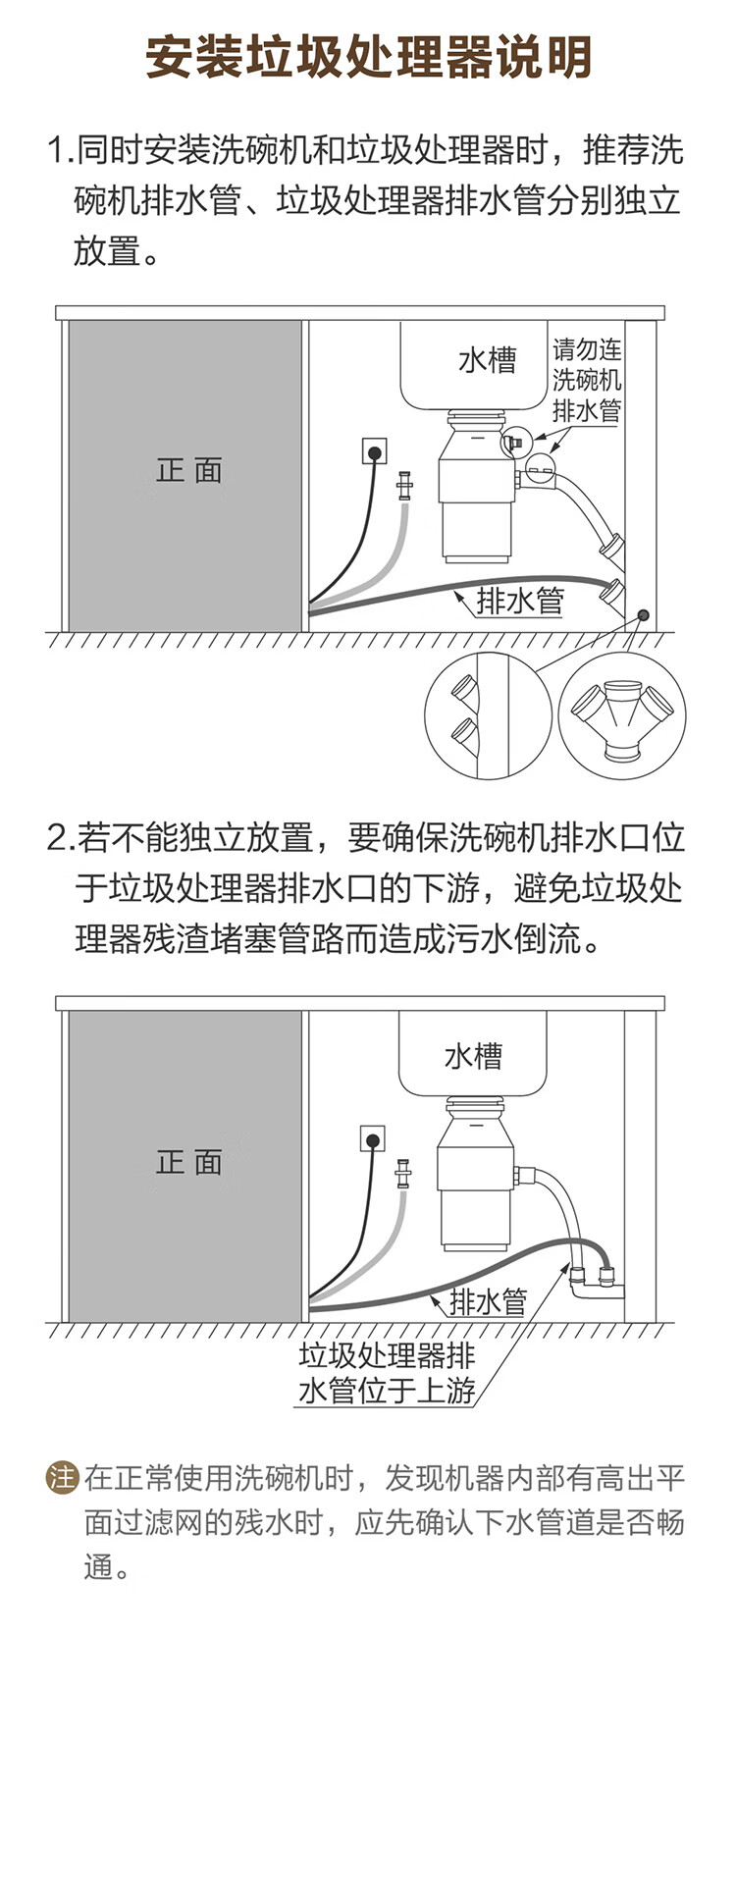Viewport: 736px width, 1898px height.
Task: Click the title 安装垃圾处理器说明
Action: pos(368,57)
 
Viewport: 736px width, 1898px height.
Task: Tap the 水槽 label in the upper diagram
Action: pos(487,360)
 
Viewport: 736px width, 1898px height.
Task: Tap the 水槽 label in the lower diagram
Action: pos(473,1056)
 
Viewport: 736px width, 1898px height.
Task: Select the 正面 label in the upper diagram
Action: pos(188,470)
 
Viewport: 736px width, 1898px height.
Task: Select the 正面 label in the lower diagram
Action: pos(188,1162)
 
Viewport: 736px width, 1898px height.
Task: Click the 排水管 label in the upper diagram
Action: pos(520,601)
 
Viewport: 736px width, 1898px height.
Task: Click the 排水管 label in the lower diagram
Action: pos(488,1301)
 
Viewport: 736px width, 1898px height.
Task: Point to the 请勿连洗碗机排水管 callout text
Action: pos(587,380)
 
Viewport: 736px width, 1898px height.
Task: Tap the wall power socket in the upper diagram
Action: pos(374,451)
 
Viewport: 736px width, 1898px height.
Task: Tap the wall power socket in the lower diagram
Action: pos(374,1139)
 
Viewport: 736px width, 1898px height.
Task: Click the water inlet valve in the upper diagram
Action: pos(403,486)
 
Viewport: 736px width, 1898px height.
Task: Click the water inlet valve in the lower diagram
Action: pos(403,1174)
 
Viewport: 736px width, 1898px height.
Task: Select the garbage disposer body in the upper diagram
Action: pos(476,491)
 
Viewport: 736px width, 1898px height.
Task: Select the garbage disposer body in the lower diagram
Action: pos(475,1178)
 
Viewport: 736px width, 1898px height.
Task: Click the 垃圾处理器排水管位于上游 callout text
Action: pos(387,1372)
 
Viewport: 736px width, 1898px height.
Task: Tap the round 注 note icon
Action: pos(63,1477)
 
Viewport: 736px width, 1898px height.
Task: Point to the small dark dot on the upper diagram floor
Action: pos(643,615)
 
